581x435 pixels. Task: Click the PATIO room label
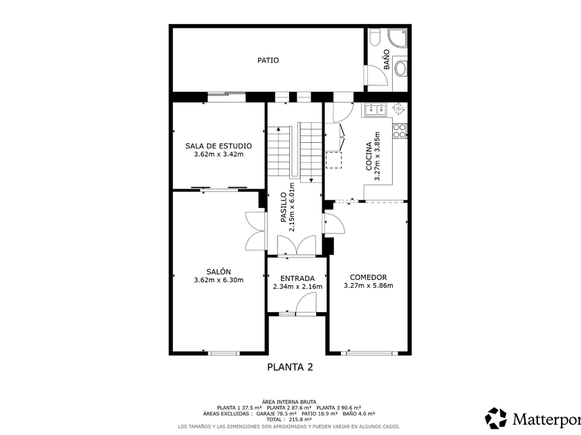268,60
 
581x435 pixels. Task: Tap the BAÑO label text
387,59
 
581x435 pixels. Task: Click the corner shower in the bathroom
397,38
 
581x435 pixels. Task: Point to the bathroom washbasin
400,68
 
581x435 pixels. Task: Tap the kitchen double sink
376,109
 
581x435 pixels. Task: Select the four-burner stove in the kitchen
400,131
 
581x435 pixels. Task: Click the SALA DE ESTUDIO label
219,146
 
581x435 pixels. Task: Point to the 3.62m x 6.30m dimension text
219,280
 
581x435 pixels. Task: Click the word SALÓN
219,271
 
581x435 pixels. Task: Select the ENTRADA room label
297,278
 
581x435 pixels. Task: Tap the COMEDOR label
368,277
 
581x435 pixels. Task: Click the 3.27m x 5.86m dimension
368,286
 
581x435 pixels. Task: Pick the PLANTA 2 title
290,367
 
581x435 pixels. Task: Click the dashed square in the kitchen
333,160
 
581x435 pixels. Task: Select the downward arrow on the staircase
311,180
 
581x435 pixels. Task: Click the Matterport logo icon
496,418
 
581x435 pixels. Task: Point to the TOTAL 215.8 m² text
289,420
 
